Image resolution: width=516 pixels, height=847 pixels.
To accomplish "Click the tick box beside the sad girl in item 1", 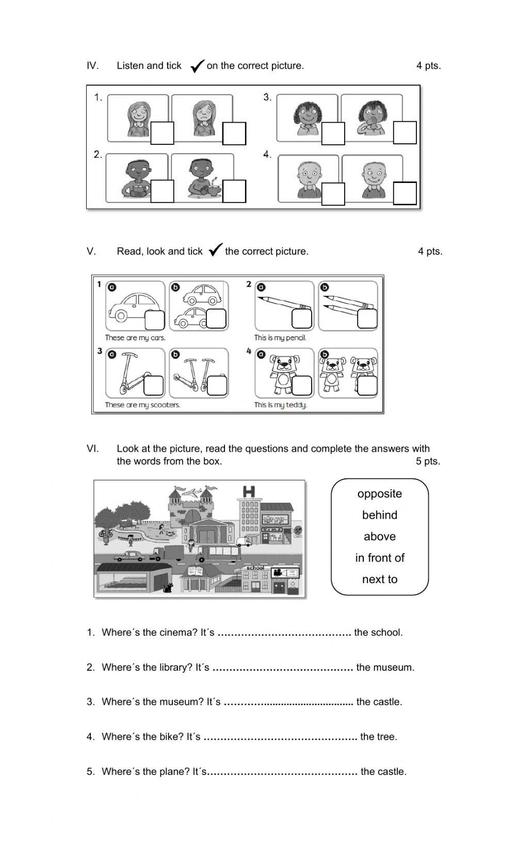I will point(234,134).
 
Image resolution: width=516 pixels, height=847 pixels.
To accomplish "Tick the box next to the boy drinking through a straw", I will point(162,191).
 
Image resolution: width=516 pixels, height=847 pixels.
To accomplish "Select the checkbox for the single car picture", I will point(154,320).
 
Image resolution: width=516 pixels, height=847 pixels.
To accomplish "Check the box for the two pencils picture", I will point(367,319).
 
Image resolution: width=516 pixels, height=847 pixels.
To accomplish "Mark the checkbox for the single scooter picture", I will point(153,386).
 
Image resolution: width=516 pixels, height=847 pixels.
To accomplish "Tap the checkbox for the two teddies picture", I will point(367,386).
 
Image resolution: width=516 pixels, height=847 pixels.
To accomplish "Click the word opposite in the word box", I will point(379,494).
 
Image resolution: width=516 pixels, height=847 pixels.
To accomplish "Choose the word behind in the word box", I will point(379,515).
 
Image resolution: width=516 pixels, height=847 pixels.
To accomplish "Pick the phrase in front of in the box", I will point(379,558).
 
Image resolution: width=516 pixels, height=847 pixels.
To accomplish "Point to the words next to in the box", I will point(379,579).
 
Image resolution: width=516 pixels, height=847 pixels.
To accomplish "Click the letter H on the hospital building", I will point(249,492).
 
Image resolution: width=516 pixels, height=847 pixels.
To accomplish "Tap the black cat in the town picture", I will point(167,588).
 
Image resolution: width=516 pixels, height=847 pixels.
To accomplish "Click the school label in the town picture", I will point(255,568).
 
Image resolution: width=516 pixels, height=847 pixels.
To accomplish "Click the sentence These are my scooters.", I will point(142,405).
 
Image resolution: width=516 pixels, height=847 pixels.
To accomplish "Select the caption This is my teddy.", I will point(280,405).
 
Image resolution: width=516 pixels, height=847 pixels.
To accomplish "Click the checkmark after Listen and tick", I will point(197,66).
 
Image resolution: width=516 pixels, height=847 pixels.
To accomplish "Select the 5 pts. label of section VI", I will point(428,461).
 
